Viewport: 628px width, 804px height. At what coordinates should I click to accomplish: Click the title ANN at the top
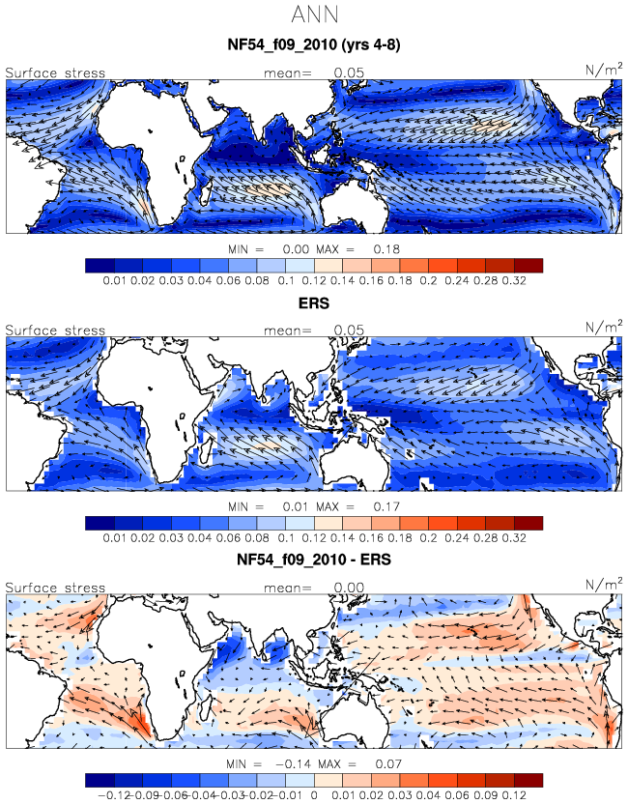coord(315,14)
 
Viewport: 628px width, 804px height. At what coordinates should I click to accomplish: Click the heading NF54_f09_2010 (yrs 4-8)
coord(314,44)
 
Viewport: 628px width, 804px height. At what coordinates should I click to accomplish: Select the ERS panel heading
coord(314,303)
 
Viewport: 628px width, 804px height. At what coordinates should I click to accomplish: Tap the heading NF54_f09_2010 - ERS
coord(314,559)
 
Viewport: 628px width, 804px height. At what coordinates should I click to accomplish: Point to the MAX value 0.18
coord(386,249)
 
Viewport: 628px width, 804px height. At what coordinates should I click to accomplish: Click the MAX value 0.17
coord(386,506)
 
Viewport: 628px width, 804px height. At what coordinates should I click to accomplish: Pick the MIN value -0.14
coord(294,764)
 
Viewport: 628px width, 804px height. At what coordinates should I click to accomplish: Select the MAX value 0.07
coord(388,764)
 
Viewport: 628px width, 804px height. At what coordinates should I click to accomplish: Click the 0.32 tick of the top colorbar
coord(514,280)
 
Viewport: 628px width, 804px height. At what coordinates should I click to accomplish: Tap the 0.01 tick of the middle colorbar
coord(115,538)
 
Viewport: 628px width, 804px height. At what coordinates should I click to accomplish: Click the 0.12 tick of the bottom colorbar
coord(514,795)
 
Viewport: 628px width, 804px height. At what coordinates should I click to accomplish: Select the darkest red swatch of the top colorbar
coord(528,266)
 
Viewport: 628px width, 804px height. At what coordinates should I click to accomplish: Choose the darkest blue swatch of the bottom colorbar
coord(100,781)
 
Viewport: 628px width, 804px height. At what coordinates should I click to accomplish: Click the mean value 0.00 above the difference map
coord(349,588)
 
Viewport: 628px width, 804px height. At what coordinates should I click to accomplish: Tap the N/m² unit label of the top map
coord(604,69)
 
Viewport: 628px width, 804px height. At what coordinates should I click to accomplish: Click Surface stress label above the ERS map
coord(55,330)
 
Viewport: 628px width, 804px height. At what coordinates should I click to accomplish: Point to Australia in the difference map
coord(354,724)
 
